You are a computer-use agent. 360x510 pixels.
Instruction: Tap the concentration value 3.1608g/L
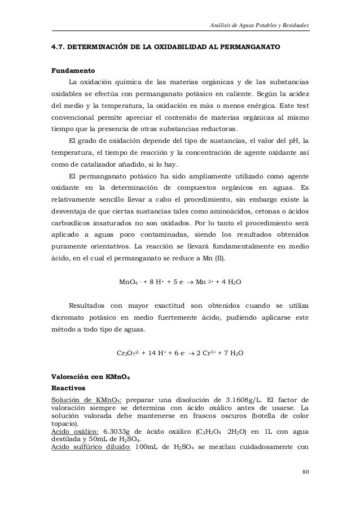[241, 400]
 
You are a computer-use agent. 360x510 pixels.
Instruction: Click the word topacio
[65, 424]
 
